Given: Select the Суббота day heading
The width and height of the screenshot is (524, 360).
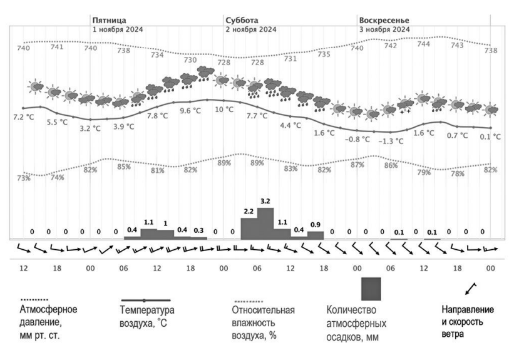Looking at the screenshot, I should pos(242,20).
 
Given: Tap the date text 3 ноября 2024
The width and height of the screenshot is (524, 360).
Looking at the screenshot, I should pos(384,29).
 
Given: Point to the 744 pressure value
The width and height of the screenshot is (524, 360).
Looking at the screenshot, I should pos(424,44).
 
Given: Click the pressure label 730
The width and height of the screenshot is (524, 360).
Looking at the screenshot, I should pos(190,60).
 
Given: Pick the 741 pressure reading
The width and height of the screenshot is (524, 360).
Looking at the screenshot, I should pos(57,46).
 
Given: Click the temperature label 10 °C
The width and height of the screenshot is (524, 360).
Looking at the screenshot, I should pos(224,110).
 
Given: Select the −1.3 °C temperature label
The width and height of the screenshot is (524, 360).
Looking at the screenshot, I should pos(391,141).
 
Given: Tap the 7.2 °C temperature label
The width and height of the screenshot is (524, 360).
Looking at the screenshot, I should pos(23,116).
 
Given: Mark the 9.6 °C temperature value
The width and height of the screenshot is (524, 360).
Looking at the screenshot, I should pos(190,111).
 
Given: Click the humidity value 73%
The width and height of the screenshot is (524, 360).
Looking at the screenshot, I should pos(24,178).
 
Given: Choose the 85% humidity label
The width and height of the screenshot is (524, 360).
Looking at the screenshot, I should pos(124,167).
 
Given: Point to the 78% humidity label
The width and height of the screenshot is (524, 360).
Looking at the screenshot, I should pos(458,173).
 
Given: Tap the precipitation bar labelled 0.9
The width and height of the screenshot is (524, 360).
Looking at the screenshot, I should pos(316,235).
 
